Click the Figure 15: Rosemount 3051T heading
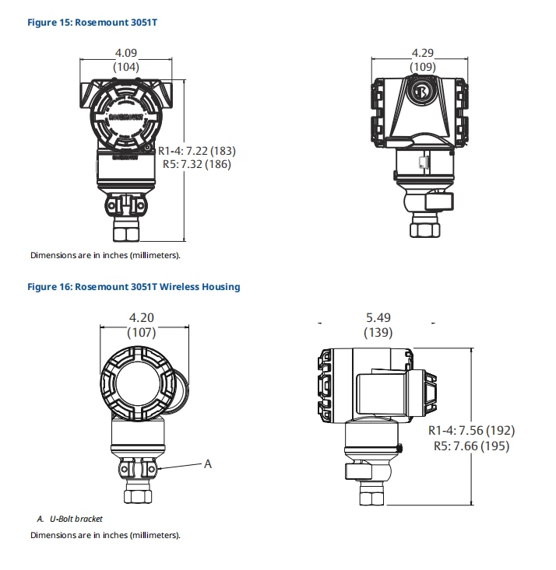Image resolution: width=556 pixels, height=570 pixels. coord(93,23)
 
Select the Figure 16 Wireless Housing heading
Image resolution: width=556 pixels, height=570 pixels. coord(133,287)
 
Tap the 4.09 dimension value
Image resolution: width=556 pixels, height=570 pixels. coord(126,53)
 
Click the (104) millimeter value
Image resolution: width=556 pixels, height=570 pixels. coord(126,68)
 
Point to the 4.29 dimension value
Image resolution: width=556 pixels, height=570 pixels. coord(422,53)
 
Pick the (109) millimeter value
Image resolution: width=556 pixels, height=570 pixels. coord(422,68)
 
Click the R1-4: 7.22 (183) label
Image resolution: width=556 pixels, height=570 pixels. coord(196,150)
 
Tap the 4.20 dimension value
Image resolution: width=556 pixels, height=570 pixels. coord(142,317)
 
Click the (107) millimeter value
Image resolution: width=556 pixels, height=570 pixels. coord(142,332)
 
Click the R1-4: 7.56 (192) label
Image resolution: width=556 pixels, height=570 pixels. coord(471,431)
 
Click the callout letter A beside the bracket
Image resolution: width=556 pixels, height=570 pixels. coord(208,464)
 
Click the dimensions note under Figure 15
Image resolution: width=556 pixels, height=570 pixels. coord(105,255)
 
